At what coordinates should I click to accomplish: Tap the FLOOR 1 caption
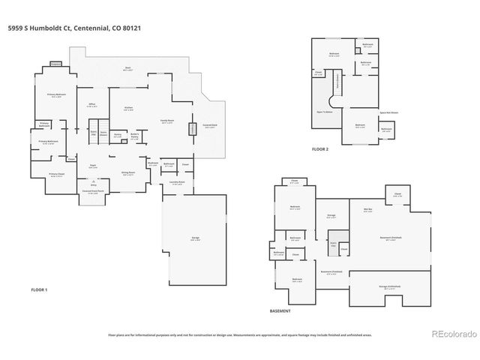pos(39,289)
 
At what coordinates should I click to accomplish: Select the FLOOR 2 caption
pos(321,149)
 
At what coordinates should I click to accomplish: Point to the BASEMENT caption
pos(280,310)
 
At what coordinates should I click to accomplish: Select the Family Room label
pos(160,121)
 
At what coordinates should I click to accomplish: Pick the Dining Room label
pos(129,172)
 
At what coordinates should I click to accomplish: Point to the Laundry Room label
pos(176,182)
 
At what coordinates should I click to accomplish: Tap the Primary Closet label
pos(57,175)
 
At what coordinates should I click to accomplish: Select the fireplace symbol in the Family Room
pos(192,129)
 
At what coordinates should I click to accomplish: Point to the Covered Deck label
pos(210,126)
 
